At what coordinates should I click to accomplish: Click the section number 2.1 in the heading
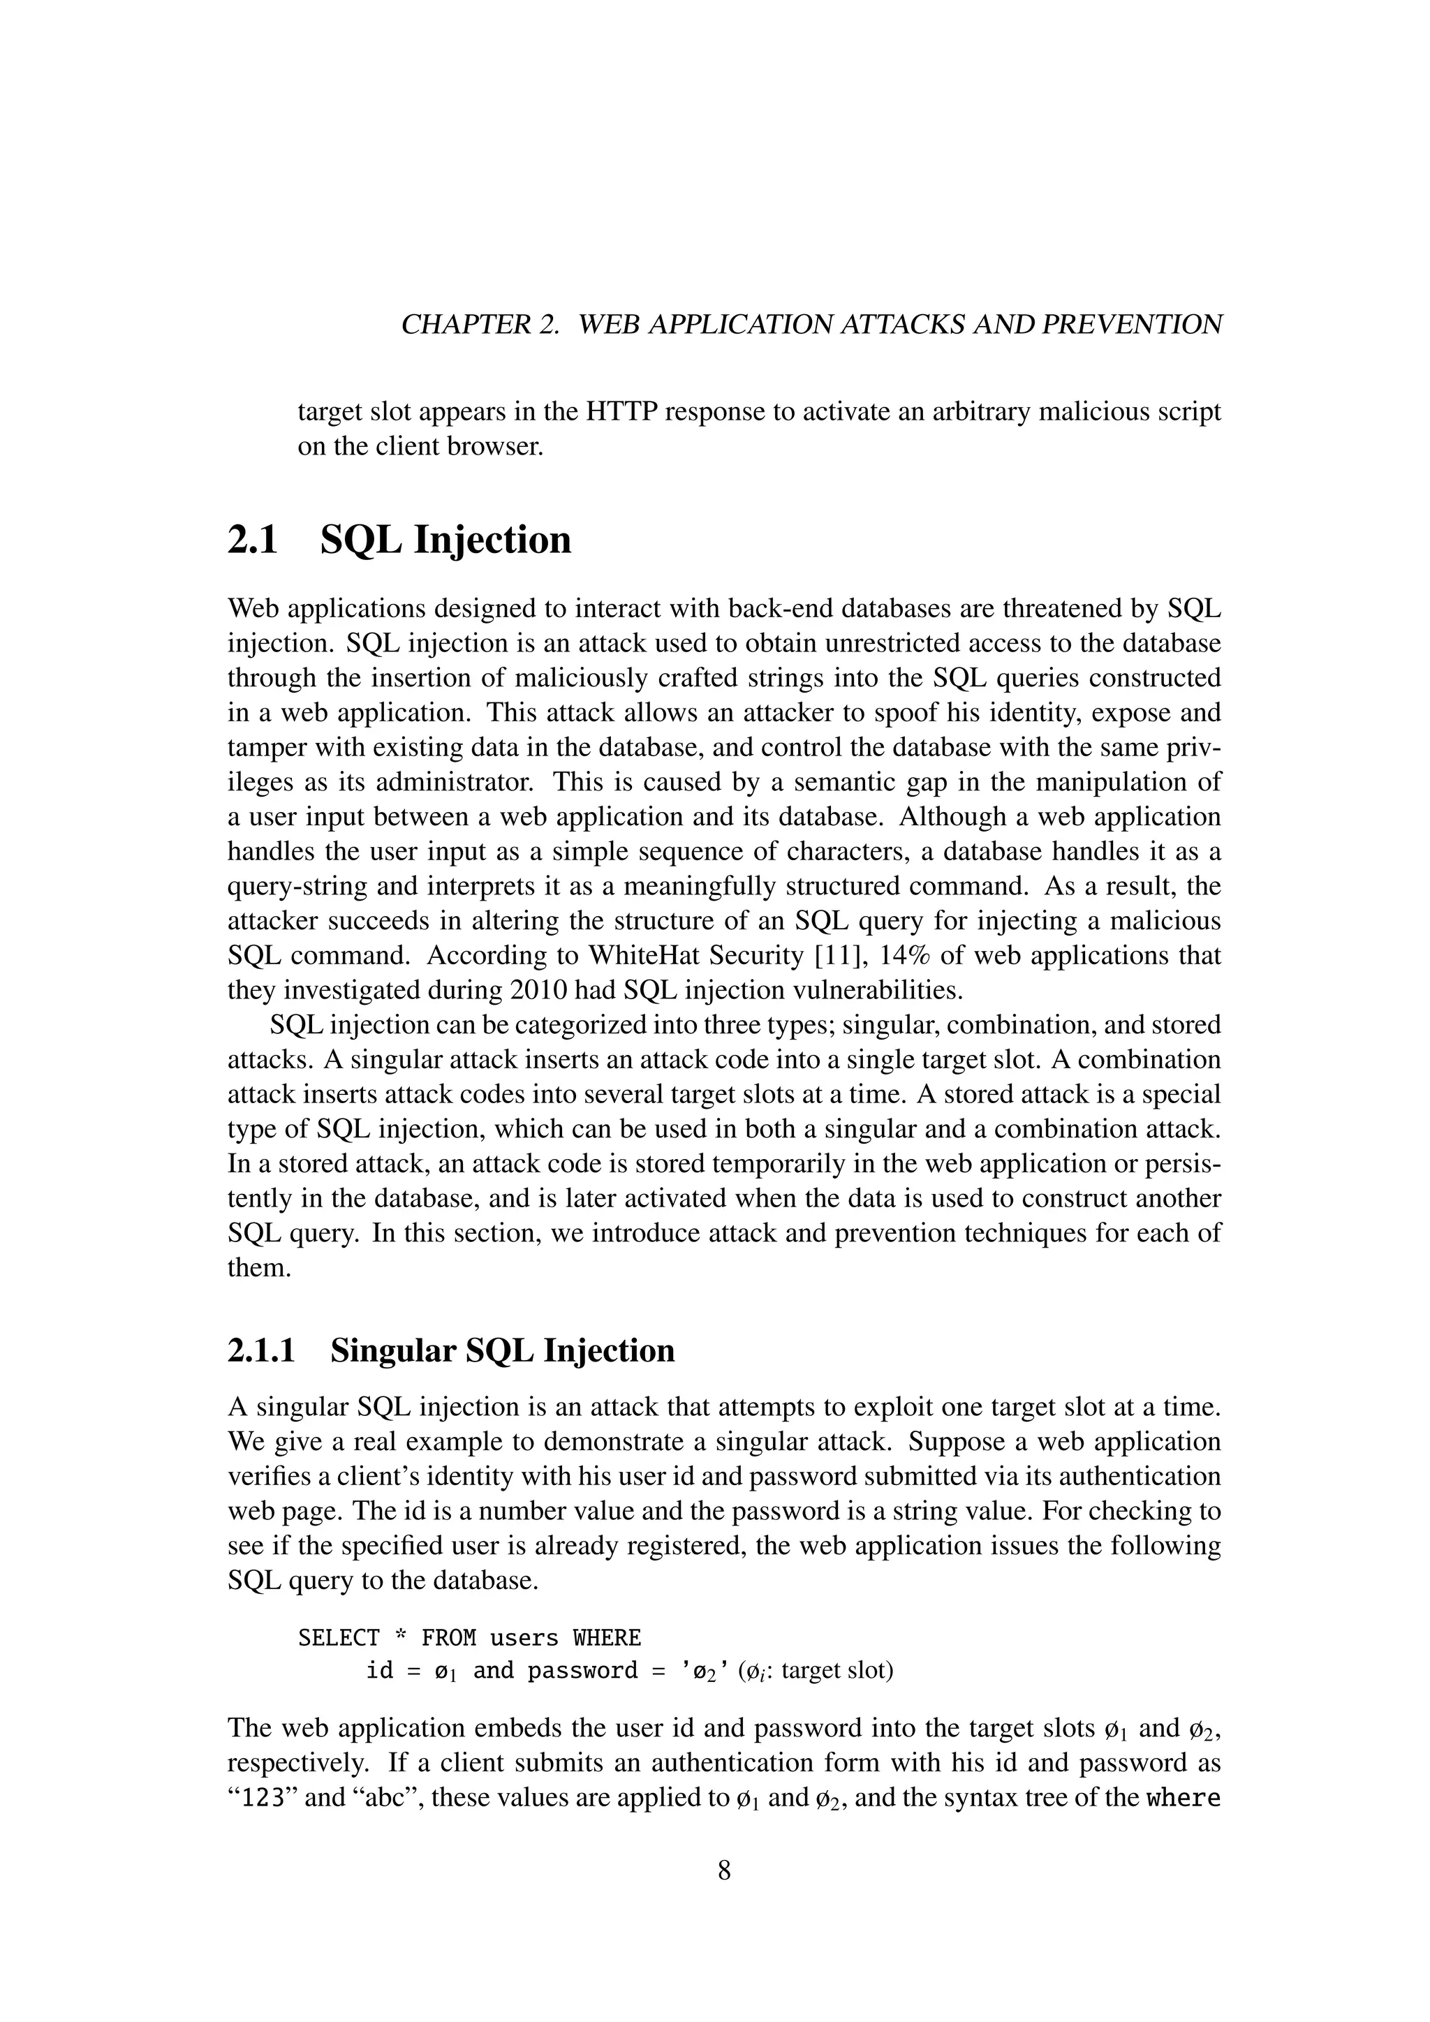pyautogui.click(x=253, y=540)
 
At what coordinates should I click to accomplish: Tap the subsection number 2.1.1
pyautogui.click(x=262, y=1350)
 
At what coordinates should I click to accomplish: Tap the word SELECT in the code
pyautogui.click(x=339, y=1638)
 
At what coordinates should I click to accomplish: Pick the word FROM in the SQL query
pyautogui.click(x=448, y=1638)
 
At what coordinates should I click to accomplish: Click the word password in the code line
pyautogui.click(x=582, y=1671)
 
